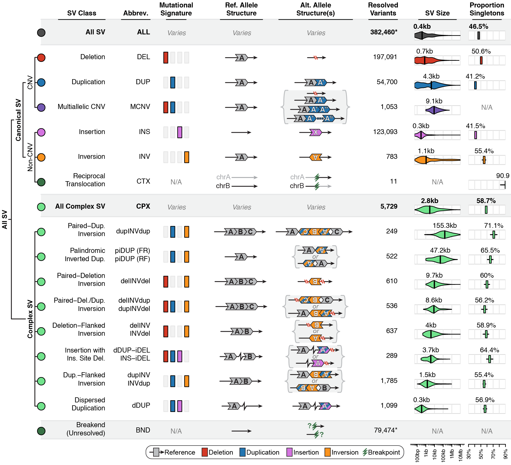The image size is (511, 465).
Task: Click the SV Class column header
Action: click(82, 13)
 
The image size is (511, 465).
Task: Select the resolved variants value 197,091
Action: click(385, 57)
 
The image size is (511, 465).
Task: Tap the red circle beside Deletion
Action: click(41, 58)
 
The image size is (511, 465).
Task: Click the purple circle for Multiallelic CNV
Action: click(41, 107)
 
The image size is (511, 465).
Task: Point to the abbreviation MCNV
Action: click(140, 107)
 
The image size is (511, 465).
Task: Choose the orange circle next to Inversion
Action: click(41, 157)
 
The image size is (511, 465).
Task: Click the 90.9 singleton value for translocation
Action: click(502, 176)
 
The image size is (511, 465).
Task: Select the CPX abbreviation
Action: click(143, 207)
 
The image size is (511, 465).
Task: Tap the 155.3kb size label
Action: click(445, 226)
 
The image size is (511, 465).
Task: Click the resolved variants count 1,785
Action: click(389, 381)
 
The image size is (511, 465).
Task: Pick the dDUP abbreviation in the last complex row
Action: click(141, 406)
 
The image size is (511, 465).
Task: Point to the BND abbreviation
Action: click(143, 430)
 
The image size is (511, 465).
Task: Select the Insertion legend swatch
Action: click(289, 452)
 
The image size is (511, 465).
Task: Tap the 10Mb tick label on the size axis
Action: click(461, 455)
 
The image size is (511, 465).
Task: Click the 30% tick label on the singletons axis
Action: click(469, 454)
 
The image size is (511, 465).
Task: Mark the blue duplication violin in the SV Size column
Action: click(435, 86)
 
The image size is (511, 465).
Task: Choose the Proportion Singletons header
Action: click(487, 9)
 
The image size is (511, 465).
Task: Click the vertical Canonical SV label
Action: click(18, 120)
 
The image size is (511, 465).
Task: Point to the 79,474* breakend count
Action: click(386, 430)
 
